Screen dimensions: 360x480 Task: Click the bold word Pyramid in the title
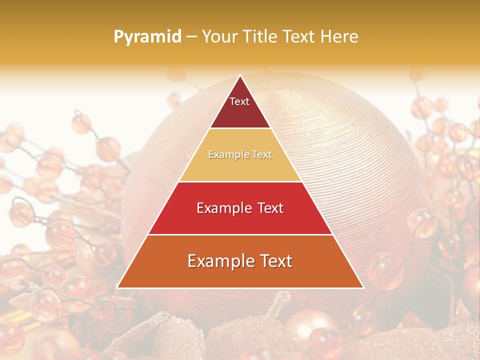click(x=147, y=36)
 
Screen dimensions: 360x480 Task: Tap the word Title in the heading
click(x=260, y=36)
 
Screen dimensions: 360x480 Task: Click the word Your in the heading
click(x=219, y=36)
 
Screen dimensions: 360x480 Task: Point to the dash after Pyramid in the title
click(x=191, y=37)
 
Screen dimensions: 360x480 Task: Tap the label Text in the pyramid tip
click(x=239, y=101)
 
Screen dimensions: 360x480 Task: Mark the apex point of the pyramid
click(x=240, y=76)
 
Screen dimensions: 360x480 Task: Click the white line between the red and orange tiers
click(x=240, y=234)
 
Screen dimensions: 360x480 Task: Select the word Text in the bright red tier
click(x=269, y=208)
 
